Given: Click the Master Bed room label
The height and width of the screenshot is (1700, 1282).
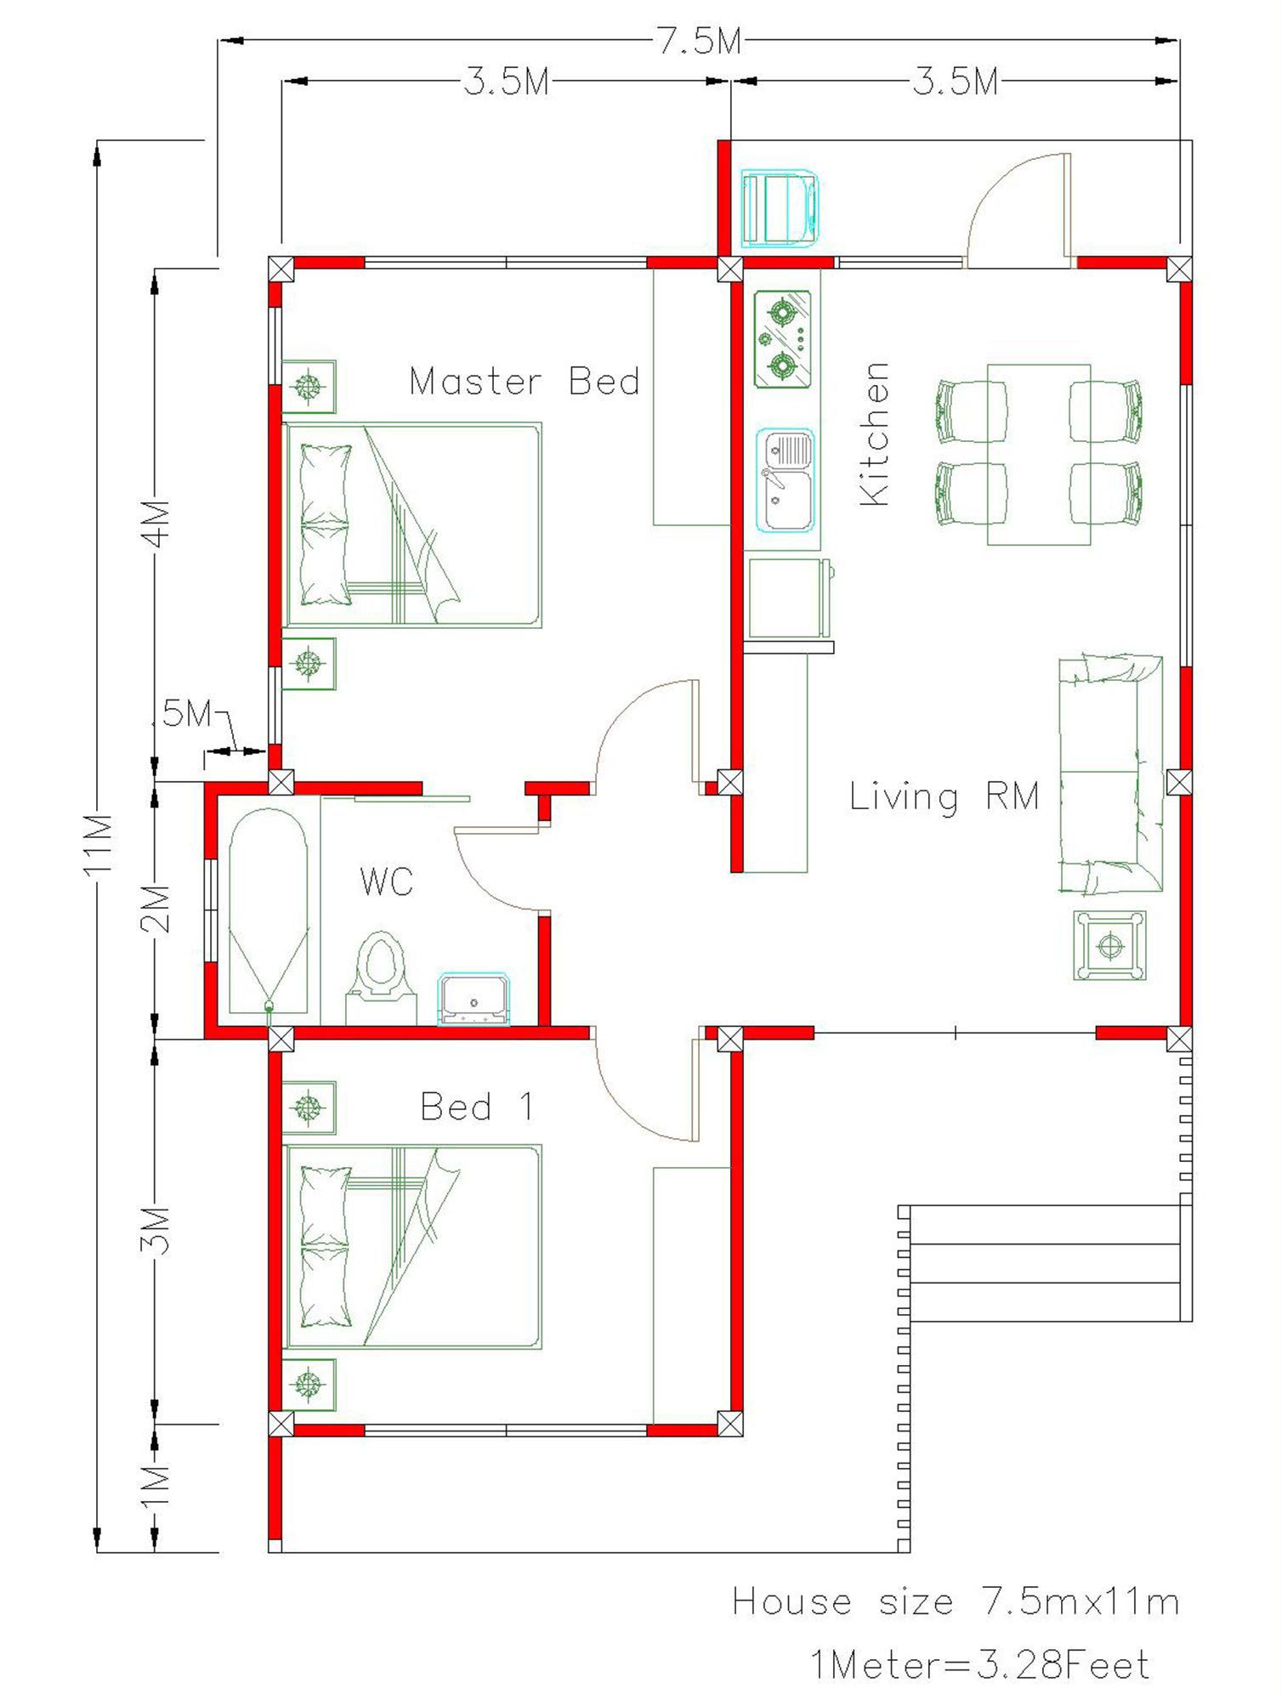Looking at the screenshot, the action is point(524,381).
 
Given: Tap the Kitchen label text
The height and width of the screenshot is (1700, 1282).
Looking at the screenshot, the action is point(875,433).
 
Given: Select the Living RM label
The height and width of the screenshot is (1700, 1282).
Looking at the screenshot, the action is point(944,796).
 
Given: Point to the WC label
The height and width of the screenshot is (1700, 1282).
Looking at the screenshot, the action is point(387,881).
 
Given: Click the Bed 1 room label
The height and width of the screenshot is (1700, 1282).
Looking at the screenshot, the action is point(477,1106).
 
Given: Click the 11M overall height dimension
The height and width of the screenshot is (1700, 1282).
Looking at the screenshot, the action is point(99,844).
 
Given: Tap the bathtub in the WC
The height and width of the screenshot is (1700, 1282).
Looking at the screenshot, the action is point(269,910).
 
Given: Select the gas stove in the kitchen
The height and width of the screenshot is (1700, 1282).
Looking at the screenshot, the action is point(782,339).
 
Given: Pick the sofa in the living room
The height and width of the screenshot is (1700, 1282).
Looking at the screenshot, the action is point(1110,773).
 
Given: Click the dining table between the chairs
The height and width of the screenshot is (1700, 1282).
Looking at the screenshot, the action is point(1039,455).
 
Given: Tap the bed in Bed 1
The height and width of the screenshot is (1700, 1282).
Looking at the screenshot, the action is point(412,1247).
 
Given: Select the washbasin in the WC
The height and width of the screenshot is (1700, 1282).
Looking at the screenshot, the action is point(474,999).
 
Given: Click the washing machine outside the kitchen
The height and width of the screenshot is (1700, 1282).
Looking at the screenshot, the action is point(780,208).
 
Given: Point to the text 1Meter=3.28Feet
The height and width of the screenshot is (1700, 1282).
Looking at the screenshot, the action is point(979,1664).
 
